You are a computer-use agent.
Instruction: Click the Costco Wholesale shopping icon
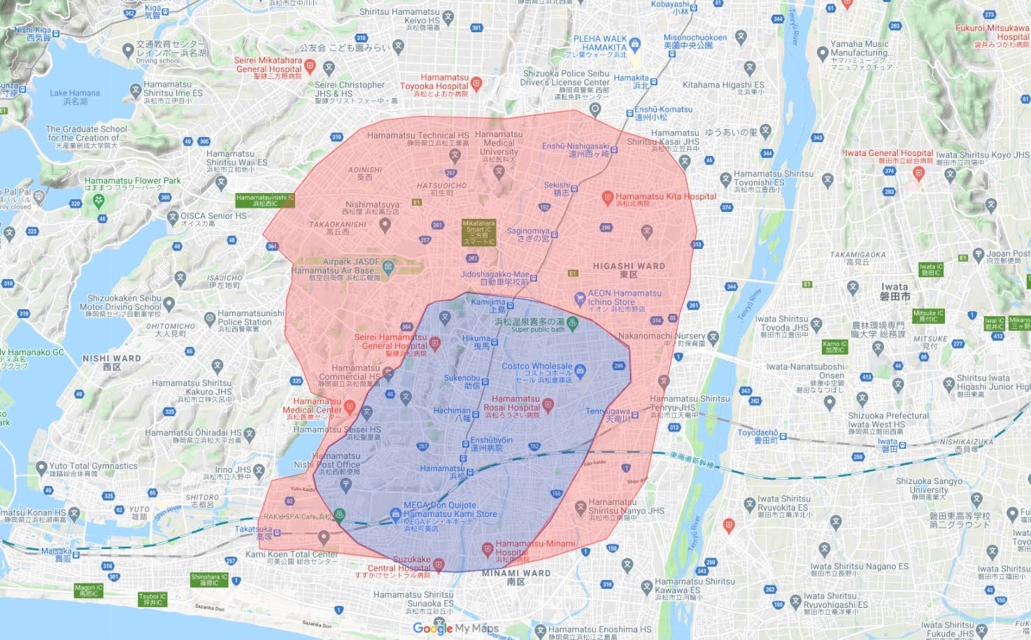click(580, 371)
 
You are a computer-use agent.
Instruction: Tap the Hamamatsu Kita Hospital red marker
click(607, 198)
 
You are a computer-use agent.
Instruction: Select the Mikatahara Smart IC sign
click(478, 232)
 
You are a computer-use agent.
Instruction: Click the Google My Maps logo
click(455, 628)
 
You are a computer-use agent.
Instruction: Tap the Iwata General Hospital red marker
click(918, 173)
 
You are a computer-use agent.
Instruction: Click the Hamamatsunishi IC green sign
click(264, 200)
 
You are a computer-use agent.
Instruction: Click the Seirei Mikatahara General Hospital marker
click(310, 66)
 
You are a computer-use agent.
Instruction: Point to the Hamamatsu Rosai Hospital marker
click(548, 404)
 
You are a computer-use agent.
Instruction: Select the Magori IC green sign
click(89, 590)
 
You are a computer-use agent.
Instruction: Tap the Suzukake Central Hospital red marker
click(439, 564)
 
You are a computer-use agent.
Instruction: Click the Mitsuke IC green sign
click(928, 315)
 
